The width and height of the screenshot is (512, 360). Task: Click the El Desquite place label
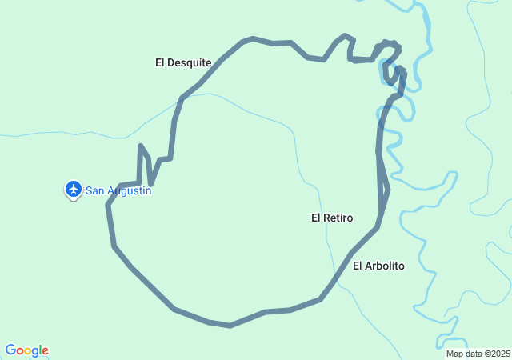(x=183, y=62)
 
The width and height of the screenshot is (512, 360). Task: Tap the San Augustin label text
(x=118, y=191)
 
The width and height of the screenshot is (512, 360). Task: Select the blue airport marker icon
(x=74, y=189)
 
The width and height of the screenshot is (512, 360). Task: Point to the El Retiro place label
(x=332, y=218)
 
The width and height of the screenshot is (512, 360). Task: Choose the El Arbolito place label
(x=378, y=266)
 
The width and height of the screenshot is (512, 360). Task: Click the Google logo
(x=26, y=350)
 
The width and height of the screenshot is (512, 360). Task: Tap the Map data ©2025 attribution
(x=478, y=354)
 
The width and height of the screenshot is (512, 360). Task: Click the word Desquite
(x=190, y=62)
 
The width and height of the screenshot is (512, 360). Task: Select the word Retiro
(x=338, y=218)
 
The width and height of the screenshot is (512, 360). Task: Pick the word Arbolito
(x=385, y=266)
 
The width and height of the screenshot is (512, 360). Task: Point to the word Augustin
(x=128, y=191)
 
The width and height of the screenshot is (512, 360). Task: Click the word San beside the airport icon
(x=94, y=191)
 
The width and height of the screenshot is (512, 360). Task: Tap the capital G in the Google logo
(x=10, y=350)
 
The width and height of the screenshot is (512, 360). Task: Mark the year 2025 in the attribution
(x=500, y=354)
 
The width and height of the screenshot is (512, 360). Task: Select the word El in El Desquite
(x=160, y=62)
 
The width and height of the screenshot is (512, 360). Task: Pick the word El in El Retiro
(x=316, y=218)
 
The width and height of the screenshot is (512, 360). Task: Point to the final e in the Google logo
(x=45, y=351)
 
